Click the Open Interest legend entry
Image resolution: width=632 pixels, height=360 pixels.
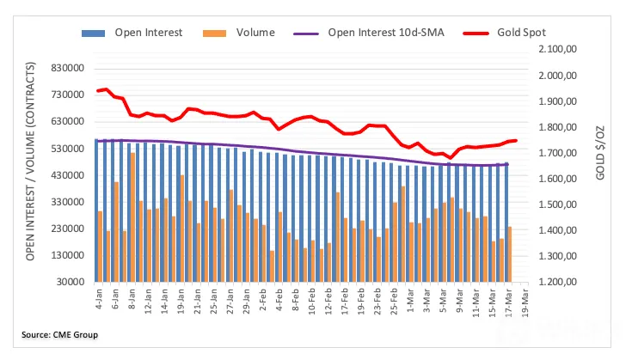(x=132, y=33)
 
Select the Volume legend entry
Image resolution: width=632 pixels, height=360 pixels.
(x=239, y=33)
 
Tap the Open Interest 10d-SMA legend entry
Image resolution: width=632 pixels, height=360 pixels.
(x=369, y=33)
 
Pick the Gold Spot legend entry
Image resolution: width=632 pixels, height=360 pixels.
(x=504, y=33)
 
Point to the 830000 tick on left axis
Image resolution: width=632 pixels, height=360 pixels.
(x=68, y=68)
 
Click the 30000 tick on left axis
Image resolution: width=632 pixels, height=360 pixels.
(x=71, y=282)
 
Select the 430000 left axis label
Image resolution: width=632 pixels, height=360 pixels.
(x=68, y=175)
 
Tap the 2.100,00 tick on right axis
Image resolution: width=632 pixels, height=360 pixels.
(x=557, y=49)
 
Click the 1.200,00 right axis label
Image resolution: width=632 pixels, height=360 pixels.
(x=557, y=282)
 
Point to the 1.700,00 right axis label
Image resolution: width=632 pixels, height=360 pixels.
(x=557, y=153)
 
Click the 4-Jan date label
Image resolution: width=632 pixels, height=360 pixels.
(x=99, y=299)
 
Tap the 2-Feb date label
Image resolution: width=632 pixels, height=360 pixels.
(x=263, y=299)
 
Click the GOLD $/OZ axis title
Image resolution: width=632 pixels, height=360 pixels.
(x=600, y=153)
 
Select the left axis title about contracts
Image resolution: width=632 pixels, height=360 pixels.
(x=30, y=161)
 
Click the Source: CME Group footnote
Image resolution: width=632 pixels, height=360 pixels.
(x=59, y=334)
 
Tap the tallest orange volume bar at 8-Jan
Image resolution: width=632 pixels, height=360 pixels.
(x=132, y=217)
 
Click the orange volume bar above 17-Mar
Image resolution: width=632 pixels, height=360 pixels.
(x=509, y=254)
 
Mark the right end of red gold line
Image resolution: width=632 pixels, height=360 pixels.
(x=516, y=141)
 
